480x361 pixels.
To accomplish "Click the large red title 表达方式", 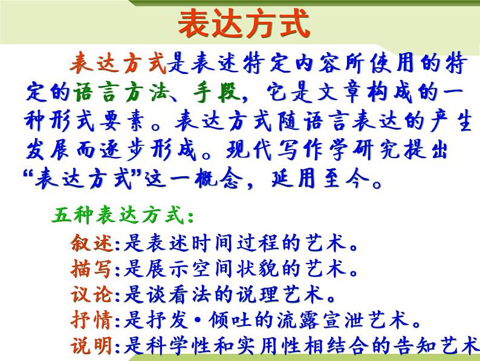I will [x=244, y=25].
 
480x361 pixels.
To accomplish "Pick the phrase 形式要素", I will [x=118, y=122].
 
